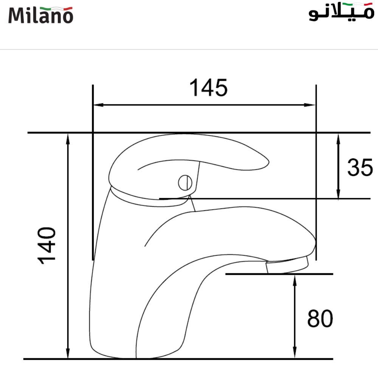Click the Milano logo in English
click(x=40, y=15)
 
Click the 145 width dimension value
click(x=209, y=88)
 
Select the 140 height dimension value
click(x=47, y=245)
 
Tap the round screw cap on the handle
click(x=185, y=183)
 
